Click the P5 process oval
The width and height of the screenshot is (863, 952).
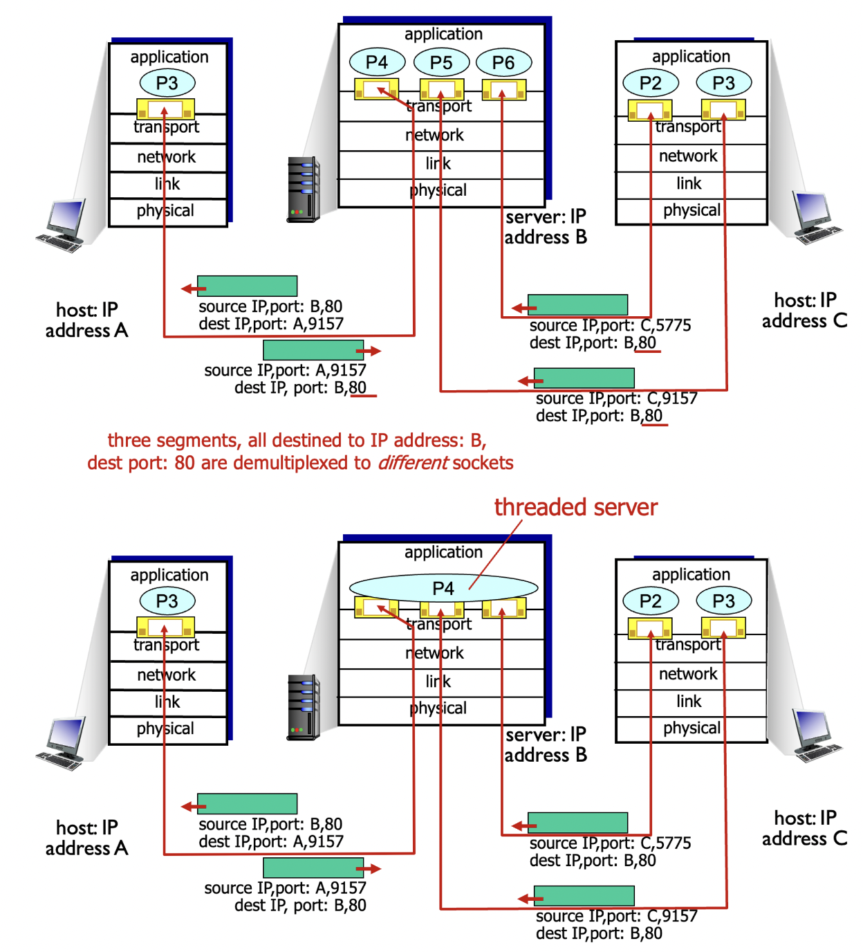click(x=441, y=62)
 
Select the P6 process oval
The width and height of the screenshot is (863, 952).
click(x=503, y=62)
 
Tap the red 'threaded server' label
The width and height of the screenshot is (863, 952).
click(x=575, y=507)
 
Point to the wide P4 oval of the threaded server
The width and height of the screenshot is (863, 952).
click(x=443, y=588)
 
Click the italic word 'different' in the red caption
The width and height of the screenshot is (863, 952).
click(x=413, y=463)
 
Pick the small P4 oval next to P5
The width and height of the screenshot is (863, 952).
click(x=376, y=62)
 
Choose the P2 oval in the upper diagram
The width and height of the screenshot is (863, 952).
click(x=650, y=83)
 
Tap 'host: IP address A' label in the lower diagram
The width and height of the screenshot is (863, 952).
click(x=86, y=838)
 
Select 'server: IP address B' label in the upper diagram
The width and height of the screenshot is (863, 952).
click(x=546, y=227)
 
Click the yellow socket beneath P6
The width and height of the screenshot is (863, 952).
click(x=503, y=90)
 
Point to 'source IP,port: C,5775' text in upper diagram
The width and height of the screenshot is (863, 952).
click(x=610, y=325)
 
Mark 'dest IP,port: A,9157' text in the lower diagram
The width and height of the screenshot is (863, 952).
click(x=270, y=841)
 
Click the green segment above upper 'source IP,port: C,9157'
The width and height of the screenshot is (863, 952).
click(x=584, y=378)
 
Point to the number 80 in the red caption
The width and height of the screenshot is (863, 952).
click(x=185, y=463)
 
